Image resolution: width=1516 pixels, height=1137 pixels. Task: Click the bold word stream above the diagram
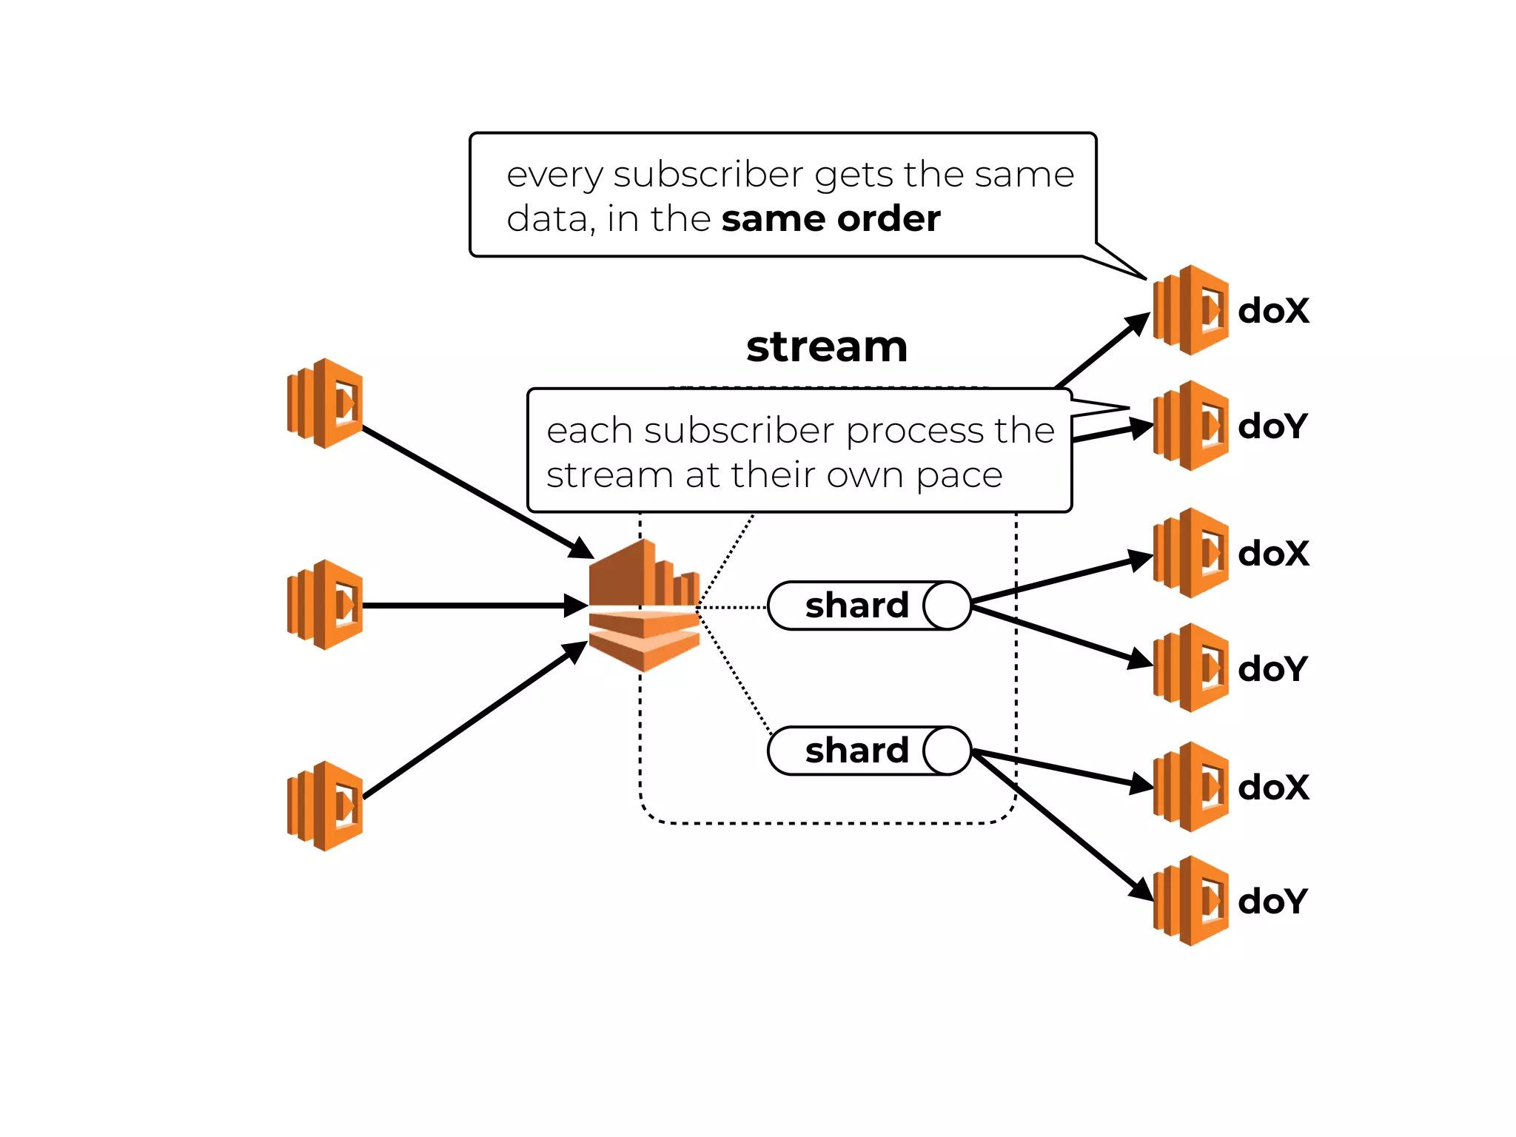[x=827, y=346]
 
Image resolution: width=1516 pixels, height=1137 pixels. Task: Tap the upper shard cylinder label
[x=856, y=606]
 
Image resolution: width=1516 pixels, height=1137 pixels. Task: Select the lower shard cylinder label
[x=856, y=751]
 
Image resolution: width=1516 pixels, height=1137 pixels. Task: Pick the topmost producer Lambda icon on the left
[x=326, y=403]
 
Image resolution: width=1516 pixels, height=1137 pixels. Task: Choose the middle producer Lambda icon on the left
[x=326, y=605]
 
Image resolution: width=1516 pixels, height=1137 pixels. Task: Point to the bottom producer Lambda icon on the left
[x=326, y=806]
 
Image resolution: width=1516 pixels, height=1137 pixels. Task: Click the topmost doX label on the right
[x=1273, y=311]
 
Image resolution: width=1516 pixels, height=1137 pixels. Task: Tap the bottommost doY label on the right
[x=1272, y=902]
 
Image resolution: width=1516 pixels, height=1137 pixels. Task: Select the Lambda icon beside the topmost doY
[x=1191, y=426]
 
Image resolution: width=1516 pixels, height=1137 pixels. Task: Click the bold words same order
[x=831, y=219]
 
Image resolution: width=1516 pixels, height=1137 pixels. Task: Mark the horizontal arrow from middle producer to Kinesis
[x=474, y=606]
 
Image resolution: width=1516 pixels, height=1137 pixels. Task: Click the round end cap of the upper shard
[x=947, y=606]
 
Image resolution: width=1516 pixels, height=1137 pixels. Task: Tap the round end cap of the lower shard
[x=947, y=751]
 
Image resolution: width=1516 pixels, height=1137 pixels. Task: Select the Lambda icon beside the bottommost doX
[x=1191, y=787]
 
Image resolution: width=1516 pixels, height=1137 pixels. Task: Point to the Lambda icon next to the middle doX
[x=1191, y=553]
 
